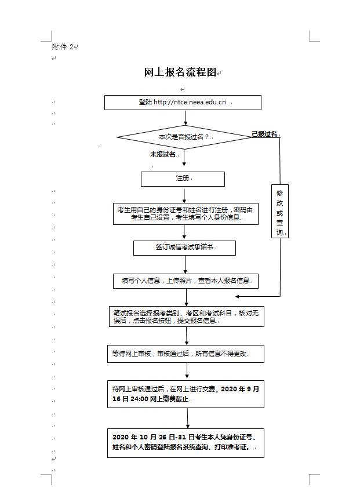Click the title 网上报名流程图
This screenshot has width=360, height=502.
180,72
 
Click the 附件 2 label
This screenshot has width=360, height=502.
63,47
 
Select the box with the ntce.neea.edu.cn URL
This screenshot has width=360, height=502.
183,103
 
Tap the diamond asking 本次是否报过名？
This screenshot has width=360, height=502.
184,137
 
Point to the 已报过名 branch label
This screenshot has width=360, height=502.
264,134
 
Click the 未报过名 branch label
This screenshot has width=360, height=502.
163,154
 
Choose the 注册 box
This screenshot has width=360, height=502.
183,179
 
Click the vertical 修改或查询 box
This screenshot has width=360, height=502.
280,211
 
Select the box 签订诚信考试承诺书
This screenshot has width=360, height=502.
184,248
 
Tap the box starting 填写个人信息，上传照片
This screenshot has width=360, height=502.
186,281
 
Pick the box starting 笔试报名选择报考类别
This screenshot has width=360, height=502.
187,317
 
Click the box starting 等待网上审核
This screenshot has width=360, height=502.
186,354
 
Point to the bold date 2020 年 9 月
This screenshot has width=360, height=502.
240,389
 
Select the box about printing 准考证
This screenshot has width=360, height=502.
186,443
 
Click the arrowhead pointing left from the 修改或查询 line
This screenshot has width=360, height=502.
237,296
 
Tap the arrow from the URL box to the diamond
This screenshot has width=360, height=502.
186,118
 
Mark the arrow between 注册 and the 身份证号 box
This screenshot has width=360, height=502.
184,195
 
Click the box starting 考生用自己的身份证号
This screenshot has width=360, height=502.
186,214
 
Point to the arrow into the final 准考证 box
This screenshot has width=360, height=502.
187,418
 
